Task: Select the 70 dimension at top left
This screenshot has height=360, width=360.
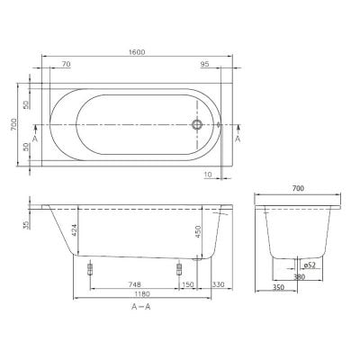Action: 66,65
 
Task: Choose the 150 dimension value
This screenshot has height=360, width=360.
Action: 188,284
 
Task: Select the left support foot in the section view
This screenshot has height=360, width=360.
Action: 91,269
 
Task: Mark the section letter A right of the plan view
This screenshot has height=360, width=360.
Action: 237,140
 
